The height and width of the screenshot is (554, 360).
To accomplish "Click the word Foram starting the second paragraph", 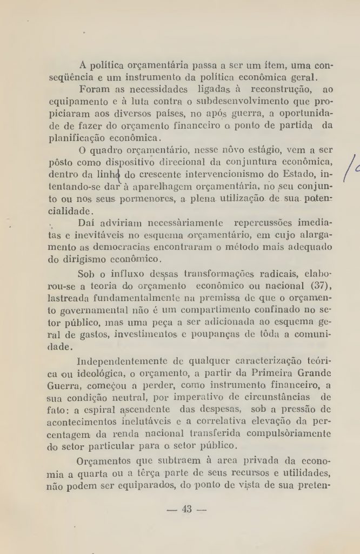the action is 95,88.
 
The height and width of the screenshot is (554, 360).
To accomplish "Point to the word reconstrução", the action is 279,88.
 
